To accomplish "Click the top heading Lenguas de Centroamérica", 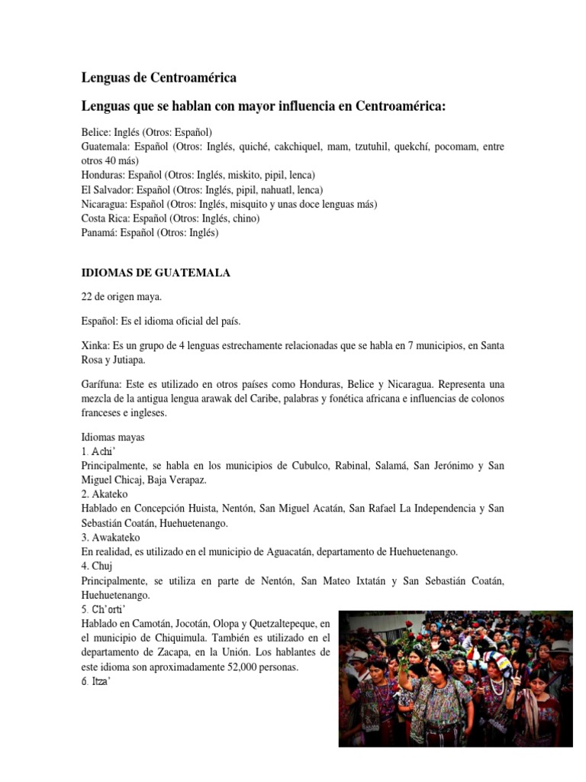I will [x=159, y=77].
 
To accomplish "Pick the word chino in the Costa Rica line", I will [x=246, y=218].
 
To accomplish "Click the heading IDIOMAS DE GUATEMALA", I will [x=156, y=273].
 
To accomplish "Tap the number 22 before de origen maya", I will [x=87, y=296].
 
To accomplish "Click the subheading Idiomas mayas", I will [x=112, y=438].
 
